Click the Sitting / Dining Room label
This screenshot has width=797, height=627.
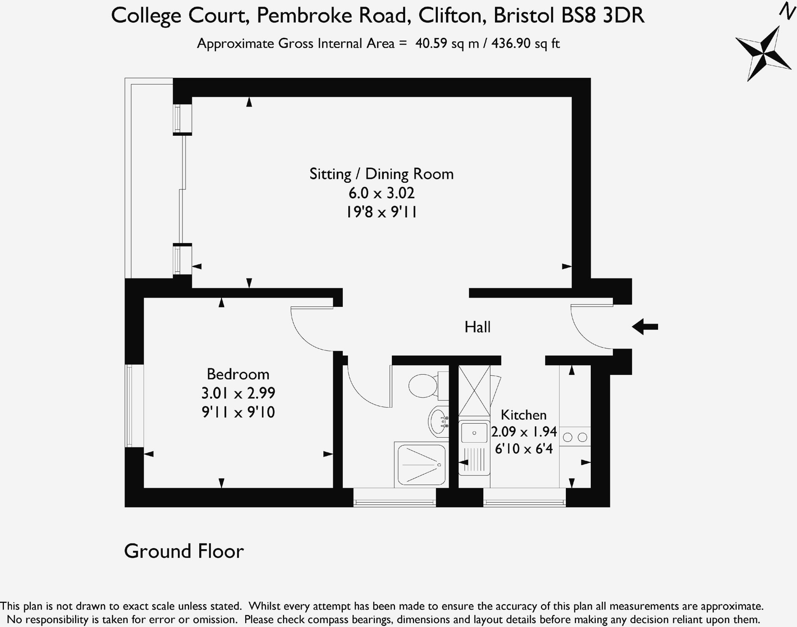point(381,174)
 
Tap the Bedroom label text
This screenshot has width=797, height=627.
point(238,374)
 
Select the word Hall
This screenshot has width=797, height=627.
point(477,327)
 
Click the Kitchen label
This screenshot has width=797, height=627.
point(523,415)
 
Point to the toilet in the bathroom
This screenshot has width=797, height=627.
point(424,385)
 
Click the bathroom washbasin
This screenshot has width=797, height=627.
point(438,422)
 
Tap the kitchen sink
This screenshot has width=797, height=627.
point(474,433)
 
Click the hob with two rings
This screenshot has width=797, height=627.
point(575,437)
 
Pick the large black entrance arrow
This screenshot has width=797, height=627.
point(644,327)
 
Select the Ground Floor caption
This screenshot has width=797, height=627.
point(184,551)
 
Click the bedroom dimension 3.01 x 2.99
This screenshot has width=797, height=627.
point(238,393)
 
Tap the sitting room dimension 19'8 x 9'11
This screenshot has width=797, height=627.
point(381,212)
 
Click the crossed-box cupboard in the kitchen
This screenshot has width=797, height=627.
point(474,391)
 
